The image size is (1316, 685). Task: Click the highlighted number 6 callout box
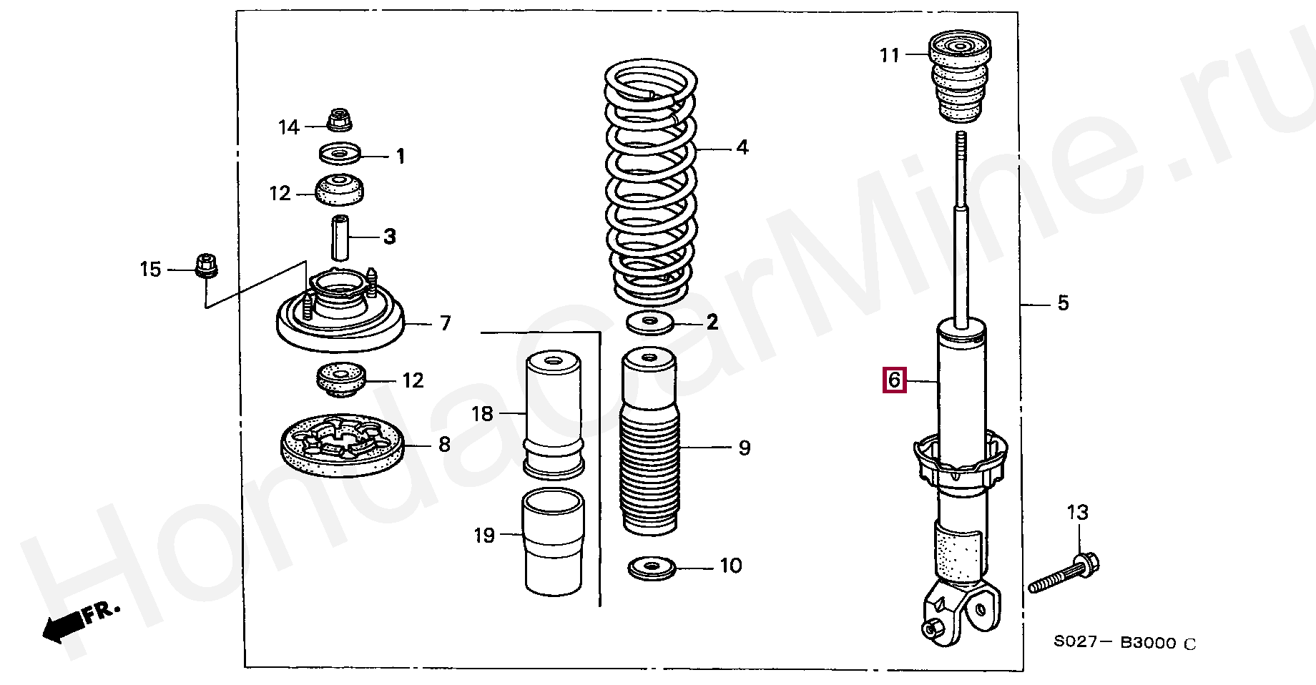(x=894, y=380)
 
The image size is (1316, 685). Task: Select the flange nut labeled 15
(x=206, y=265)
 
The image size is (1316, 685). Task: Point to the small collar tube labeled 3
(x=340, y=237)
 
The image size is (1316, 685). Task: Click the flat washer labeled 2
(x=650, y=322)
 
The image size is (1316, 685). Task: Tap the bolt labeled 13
(x=1064, y=576)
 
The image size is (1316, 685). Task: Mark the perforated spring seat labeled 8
(x=340, y=445)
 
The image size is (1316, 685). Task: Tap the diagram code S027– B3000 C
(x=1124, y=643)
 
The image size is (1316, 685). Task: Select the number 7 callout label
(x=446, y=324)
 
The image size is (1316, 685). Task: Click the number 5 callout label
(x=1063, y=303)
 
